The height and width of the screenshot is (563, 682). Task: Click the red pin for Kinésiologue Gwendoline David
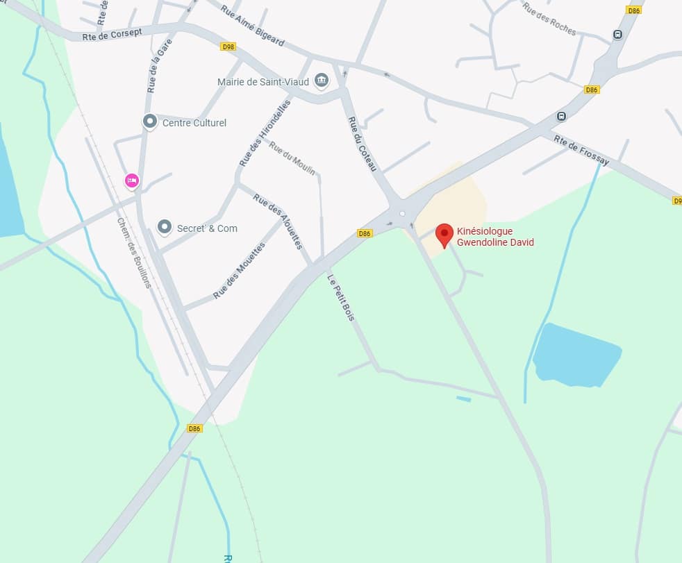[x=444, y=235]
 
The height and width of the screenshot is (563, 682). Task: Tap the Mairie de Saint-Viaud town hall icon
[x=321, y=81]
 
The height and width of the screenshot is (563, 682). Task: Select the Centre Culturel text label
[x=194, y=123]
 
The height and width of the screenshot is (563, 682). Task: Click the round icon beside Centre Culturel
[x=149, y=122]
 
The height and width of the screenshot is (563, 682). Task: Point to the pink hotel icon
[x=131, y=181]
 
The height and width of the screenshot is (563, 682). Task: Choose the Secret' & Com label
[x=207, y=228]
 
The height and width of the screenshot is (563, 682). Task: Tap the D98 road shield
[x=228, y=47]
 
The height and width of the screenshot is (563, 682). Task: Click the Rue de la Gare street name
[x=159, y=66]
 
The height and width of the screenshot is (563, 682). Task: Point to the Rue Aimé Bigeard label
[x=252, y=26]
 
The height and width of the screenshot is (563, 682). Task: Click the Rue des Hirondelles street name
[x=264, y=132]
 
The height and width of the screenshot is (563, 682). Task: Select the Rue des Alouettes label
[x=277, y=221]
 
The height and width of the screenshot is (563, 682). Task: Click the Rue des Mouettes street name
[x=240, y=271]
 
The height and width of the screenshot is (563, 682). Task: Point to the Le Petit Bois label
[x=341, y=298]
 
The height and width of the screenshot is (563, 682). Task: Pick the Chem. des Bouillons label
[x=133, y=253]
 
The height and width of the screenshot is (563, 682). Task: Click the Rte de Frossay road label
[x=581, y=150]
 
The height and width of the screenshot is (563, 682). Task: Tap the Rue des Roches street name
[x=549, y=19]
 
